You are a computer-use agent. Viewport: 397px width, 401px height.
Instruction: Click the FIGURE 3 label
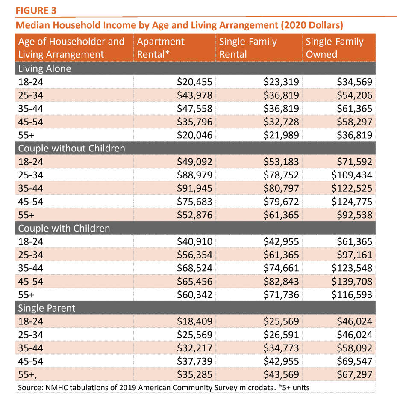coord(36,11)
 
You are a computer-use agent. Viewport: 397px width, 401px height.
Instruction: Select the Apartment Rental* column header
coord(161,48)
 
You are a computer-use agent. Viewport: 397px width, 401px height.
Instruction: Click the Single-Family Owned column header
coord(335,48)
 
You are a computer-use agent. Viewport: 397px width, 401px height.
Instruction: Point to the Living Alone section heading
coord(44,68)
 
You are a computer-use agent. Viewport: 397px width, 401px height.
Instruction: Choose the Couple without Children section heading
coord(71,149)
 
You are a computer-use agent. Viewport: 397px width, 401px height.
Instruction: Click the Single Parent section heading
coord(47,308)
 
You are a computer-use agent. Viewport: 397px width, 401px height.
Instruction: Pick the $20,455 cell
coord(194,82)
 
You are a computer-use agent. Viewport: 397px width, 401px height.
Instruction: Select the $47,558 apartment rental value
coord(194,108)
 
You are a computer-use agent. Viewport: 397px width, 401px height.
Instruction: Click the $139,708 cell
coord(352,281)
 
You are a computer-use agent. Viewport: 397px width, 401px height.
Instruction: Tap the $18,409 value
coord(194,321)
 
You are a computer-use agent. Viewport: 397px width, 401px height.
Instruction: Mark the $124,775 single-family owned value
coord(352,202)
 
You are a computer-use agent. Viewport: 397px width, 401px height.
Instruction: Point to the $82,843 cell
coord(281,281)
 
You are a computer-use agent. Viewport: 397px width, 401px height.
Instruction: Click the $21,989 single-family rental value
coord(281,135)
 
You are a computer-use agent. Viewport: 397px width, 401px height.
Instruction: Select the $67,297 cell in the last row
coord(355,374)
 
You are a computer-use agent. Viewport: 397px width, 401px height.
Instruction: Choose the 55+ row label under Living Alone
coord(26,135)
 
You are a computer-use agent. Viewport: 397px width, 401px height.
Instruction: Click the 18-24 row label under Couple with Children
coord(31,241)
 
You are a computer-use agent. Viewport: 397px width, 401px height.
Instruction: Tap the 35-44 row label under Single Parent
coord(31,348)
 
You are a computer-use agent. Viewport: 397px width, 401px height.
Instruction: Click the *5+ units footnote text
coord(294,388)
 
